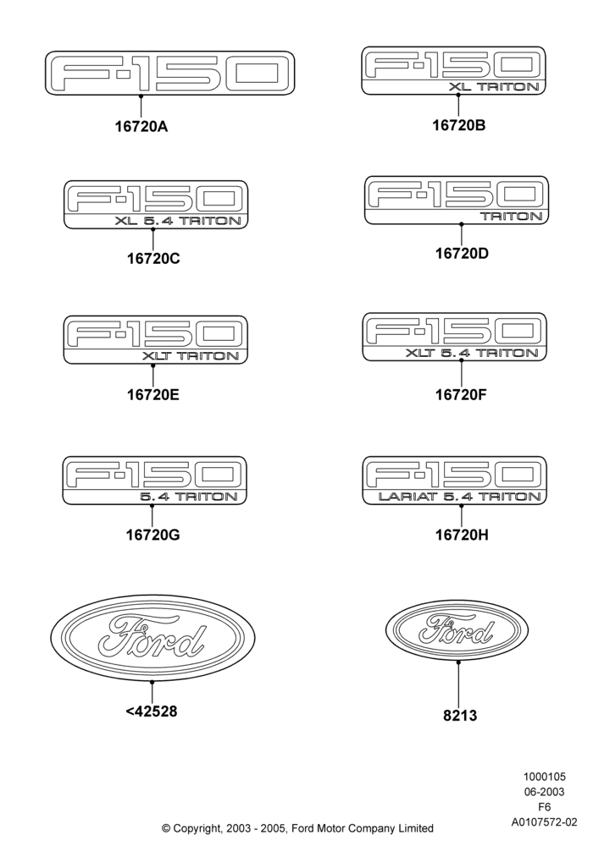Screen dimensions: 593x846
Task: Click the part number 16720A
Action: coord(141,126)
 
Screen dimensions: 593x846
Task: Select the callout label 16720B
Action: coord(458,125)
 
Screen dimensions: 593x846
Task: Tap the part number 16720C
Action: coord(153,258)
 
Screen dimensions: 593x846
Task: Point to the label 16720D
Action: coord(462,253)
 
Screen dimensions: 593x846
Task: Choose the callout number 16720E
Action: coord(152,394)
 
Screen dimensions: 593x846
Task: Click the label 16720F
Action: coord(461,394)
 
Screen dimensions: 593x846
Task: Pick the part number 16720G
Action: coord(152,535)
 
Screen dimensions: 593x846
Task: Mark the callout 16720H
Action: coord(462,535)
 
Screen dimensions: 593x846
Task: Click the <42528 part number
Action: coord(152,711)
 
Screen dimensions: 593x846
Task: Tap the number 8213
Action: coord(460,716)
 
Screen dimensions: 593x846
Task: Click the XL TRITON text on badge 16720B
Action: coord(494,87)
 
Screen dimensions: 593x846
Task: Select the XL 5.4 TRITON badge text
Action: coord(178,221)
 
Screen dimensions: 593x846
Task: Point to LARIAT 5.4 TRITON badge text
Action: coord(460,497)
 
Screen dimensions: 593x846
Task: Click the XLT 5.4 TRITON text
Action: coord(472,353)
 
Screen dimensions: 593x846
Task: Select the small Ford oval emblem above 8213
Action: coord(457,629)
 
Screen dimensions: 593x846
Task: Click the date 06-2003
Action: coord(545,792)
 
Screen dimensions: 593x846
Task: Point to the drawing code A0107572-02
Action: coord(545,822)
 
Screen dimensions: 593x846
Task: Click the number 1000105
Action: coord(545,777)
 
